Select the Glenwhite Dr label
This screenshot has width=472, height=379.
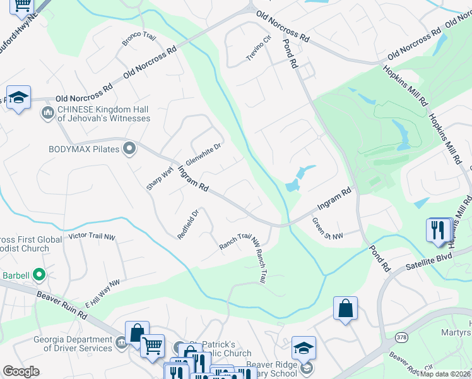[x=203, y=153]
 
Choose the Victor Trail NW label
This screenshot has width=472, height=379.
[x=92, y=236]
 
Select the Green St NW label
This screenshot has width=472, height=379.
[x=327, y=229]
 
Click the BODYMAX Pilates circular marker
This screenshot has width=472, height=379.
[x=130, y=149]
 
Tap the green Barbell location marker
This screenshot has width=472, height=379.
[x=39, y=275]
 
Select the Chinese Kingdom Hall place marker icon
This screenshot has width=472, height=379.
[x=48, y=114]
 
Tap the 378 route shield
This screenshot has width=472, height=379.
[x=402, y=338]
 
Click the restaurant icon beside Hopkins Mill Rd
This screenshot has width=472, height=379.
[x=438, y=230]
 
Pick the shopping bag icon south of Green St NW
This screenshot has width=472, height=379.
[x=345, y=309]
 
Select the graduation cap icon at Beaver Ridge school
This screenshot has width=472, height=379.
[x=304, y=349]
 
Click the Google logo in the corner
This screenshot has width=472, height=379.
[x=21, y=371]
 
